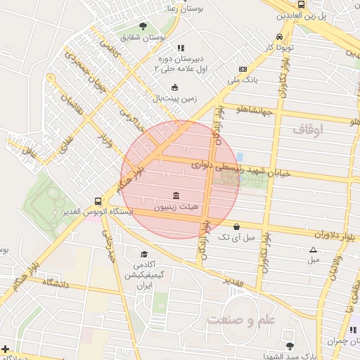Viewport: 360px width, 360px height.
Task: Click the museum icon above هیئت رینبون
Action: coord(176,195)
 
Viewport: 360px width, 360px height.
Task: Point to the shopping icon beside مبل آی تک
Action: coord(236,226)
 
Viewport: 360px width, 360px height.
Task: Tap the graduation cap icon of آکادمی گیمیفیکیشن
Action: coord(144,255)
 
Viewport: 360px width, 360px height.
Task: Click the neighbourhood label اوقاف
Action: coord(307,129)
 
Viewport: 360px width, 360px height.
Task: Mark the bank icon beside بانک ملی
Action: coord(243,69)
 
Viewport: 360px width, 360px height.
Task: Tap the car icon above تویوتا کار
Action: coord(280,37)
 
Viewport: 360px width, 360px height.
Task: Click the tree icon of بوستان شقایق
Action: coord(143,26)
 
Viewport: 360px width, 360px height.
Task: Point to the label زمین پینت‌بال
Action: coord(174,99)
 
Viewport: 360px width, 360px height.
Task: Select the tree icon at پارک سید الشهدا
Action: coord(290,345)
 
